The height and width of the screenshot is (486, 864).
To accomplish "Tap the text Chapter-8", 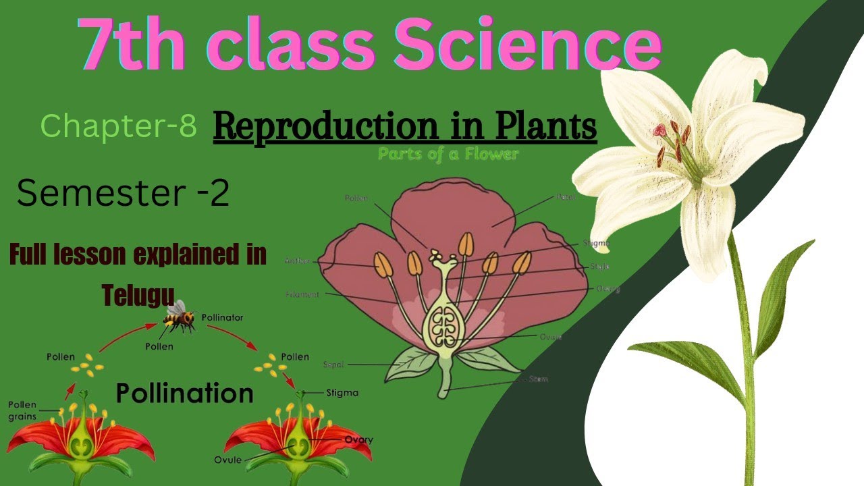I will [119, 126].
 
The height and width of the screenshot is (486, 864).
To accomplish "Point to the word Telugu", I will [138, 294].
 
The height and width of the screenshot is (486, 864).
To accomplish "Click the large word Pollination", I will [184, 393].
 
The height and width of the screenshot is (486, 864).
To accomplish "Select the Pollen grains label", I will [22, 410].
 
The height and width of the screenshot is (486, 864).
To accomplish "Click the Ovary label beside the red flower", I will [358, 440].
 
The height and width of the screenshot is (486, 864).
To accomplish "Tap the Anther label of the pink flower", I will [297, 261].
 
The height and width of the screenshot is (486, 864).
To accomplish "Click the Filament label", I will [302, 294].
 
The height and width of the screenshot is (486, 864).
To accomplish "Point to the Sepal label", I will [333, 364].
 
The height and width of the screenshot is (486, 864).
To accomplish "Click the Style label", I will [599, 267].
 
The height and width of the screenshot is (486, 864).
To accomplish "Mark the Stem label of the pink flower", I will [539, 379].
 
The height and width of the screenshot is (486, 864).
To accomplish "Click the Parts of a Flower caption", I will [448, 155].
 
